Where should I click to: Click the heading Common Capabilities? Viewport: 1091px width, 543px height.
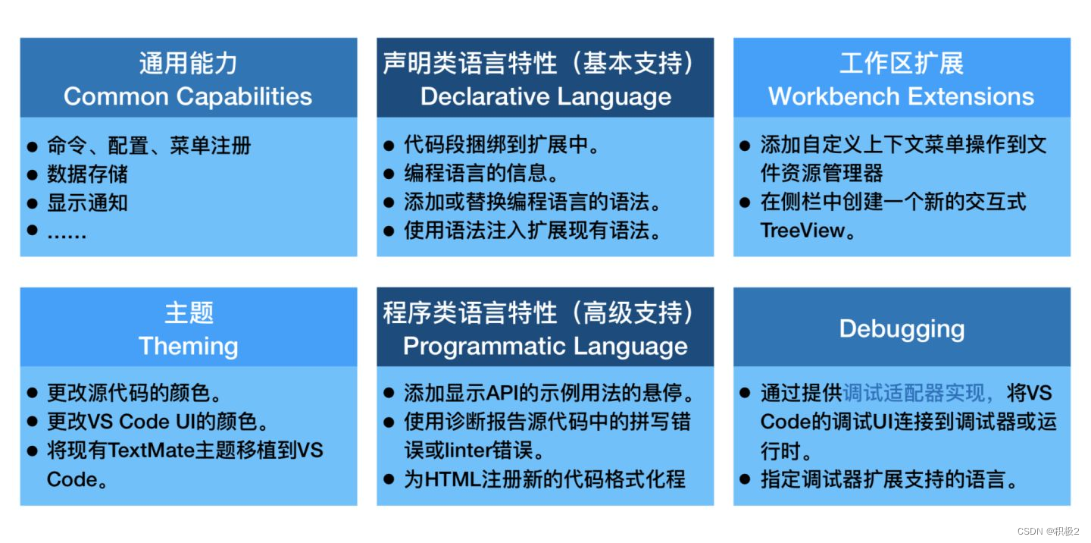click(x=188, y=96)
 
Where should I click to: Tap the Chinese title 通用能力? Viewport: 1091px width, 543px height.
click(x=188, y=63)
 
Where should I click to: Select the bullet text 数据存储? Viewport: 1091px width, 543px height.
click(x=87, y=174)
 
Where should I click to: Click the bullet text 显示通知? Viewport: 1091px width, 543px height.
click(x=87, y=203)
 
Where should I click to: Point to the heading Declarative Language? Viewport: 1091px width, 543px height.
click(x=545, y=96)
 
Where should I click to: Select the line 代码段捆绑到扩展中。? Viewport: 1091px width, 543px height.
click(x=502, y=146)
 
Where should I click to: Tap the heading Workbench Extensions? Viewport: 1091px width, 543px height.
click(x=901, y=96)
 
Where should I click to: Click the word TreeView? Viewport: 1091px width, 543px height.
click(x=802, y=231)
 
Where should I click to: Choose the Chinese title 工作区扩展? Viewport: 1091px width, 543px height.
click(x=902, y=63)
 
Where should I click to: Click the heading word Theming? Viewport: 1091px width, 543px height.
click(x=188, y=346)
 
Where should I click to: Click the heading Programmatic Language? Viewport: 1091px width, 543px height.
click(x=545, y=346)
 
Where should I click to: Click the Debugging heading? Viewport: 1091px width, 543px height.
click(x=902, y=328)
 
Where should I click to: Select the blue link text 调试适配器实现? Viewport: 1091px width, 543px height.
click(x=917, y=393)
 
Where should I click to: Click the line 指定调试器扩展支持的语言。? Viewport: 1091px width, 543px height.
click(x=889, y=479)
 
